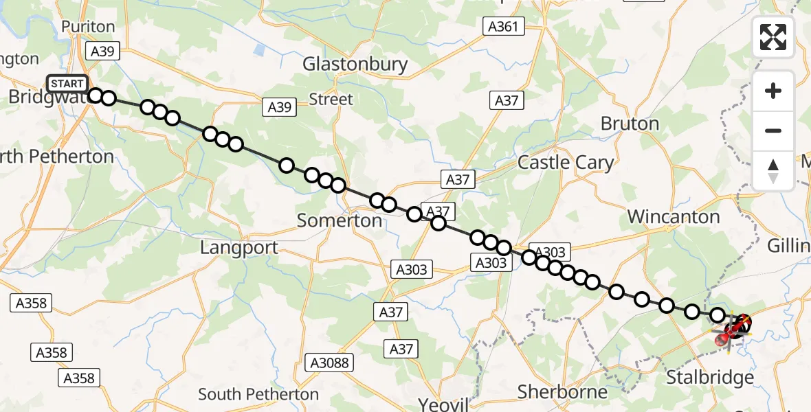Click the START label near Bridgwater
pos(67,84)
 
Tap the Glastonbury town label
pos(355,65)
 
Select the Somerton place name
pos(339,220)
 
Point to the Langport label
pos(239,248)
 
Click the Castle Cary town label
pos(566,163)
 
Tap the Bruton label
pos(630,124)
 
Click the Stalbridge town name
pos(711,378)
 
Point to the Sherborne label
pos(562,392)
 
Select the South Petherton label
pos(258,394)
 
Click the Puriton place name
pos(88,27)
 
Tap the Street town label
pos(331,100)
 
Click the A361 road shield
pos(503,27)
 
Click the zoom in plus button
pos(773,91)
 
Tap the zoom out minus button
pos(773,130)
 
